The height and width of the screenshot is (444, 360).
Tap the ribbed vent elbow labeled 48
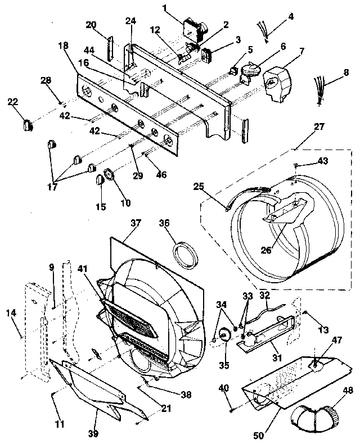(315, 416)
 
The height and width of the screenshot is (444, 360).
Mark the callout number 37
(135, 223)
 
